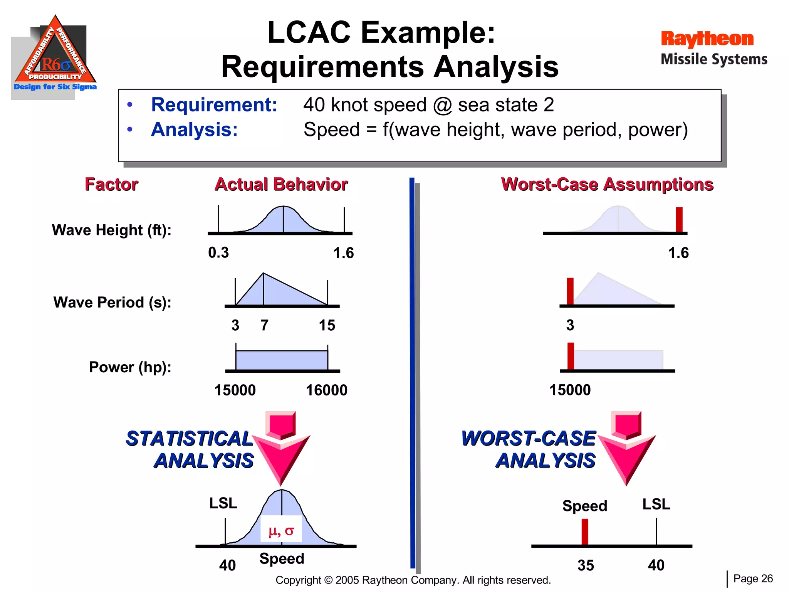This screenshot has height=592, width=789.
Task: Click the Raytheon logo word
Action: pos(707,39)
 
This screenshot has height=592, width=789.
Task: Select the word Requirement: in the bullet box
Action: pos(214,105)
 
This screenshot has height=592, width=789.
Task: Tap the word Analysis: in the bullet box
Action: pos(195,129)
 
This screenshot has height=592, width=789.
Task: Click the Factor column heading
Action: pos(111,184)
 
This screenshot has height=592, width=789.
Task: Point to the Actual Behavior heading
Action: pos(281,184)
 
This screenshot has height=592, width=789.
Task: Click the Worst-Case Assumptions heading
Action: pos(607,184)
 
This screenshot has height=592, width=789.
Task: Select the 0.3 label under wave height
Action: pos(218,253)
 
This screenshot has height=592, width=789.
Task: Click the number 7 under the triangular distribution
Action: pos(264,325)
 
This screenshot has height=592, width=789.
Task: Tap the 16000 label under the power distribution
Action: pos(326,390)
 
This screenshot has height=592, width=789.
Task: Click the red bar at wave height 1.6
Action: pos(679,219)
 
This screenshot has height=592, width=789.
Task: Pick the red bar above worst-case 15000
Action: pos(571,356)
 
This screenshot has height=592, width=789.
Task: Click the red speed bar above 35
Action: pos(585,531)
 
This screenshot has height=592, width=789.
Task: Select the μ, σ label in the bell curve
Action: pos(281,531)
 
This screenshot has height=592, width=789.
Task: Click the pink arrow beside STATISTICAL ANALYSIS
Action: pos(281,447)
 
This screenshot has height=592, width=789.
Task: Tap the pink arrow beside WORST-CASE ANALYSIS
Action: pos(627,447)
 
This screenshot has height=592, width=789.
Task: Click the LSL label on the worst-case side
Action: pos(656,504)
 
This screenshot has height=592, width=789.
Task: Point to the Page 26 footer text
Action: pos(753,579)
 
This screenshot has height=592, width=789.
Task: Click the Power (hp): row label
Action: pos(130,367)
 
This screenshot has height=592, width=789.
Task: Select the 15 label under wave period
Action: pos(327,325)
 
